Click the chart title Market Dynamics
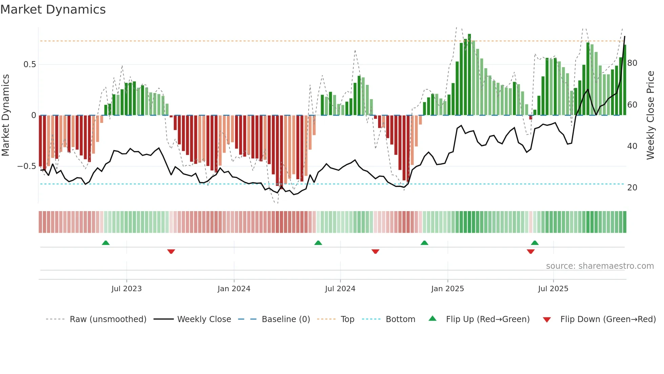coord(53,10)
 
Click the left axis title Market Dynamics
coord(5,115)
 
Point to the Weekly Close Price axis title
coord(650,115)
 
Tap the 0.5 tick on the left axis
coord(29,64)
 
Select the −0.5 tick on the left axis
coord(27,166)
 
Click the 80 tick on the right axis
coord(632,63)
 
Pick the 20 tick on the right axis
coord(632,188)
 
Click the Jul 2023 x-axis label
coord(126,289)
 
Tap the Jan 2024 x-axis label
coord(234,289)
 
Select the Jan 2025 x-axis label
coord(447,289)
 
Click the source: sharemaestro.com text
coord(600,266)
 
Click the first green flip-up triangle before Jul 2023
coord(106,243)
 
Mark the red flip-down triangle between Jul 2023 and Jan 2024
coord(171,251)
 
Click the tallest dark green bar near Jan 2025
coord(469,75)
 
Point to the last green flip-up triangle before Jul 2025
coord(535,243)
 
